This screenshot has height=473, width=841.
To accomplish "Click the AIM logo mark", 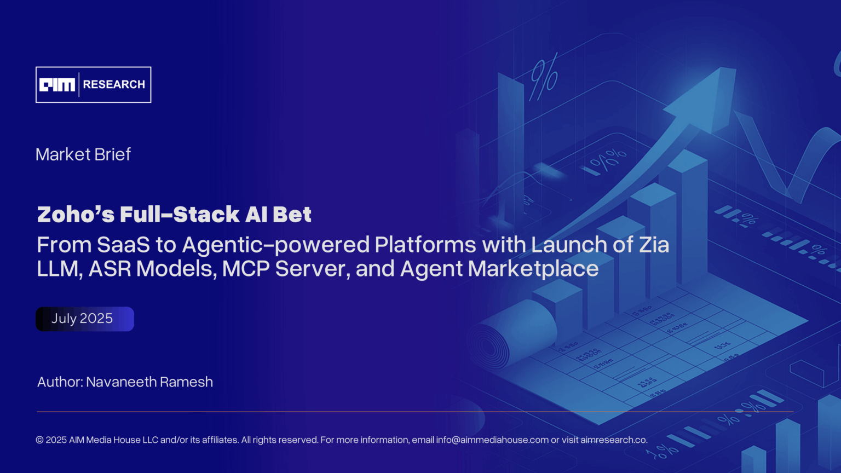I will tap(57, 85).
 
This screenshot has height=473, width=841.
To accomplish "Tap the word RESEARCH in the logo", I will tap(114, 84).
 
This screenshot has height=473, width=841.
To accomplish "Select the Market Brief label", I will tap(83, 154).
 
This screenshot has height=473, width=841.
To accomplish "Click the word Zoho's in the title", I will tap(76, 214).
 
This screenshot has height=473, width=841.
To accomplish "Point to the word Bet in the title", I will tap(292, 214).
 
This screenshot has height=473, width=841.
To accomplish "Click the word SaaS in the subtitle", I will tap(123, 245).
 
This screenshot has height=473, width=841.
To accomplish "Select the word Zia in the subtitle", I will tap(654, 245).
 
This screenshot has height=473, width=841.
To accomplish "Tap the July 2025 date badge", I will tap(84, 319).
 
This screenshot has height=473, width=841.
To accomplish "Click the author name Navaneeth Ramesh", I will tap(149, 382).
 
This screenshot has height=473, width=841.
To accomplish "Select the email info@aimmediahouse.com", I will tap(492, 440).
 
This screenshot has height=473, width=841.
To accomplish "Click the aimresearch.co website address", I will tap(614, 440).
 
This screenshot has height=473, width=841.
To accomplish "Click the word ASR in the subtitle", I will tap(110, 269).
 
